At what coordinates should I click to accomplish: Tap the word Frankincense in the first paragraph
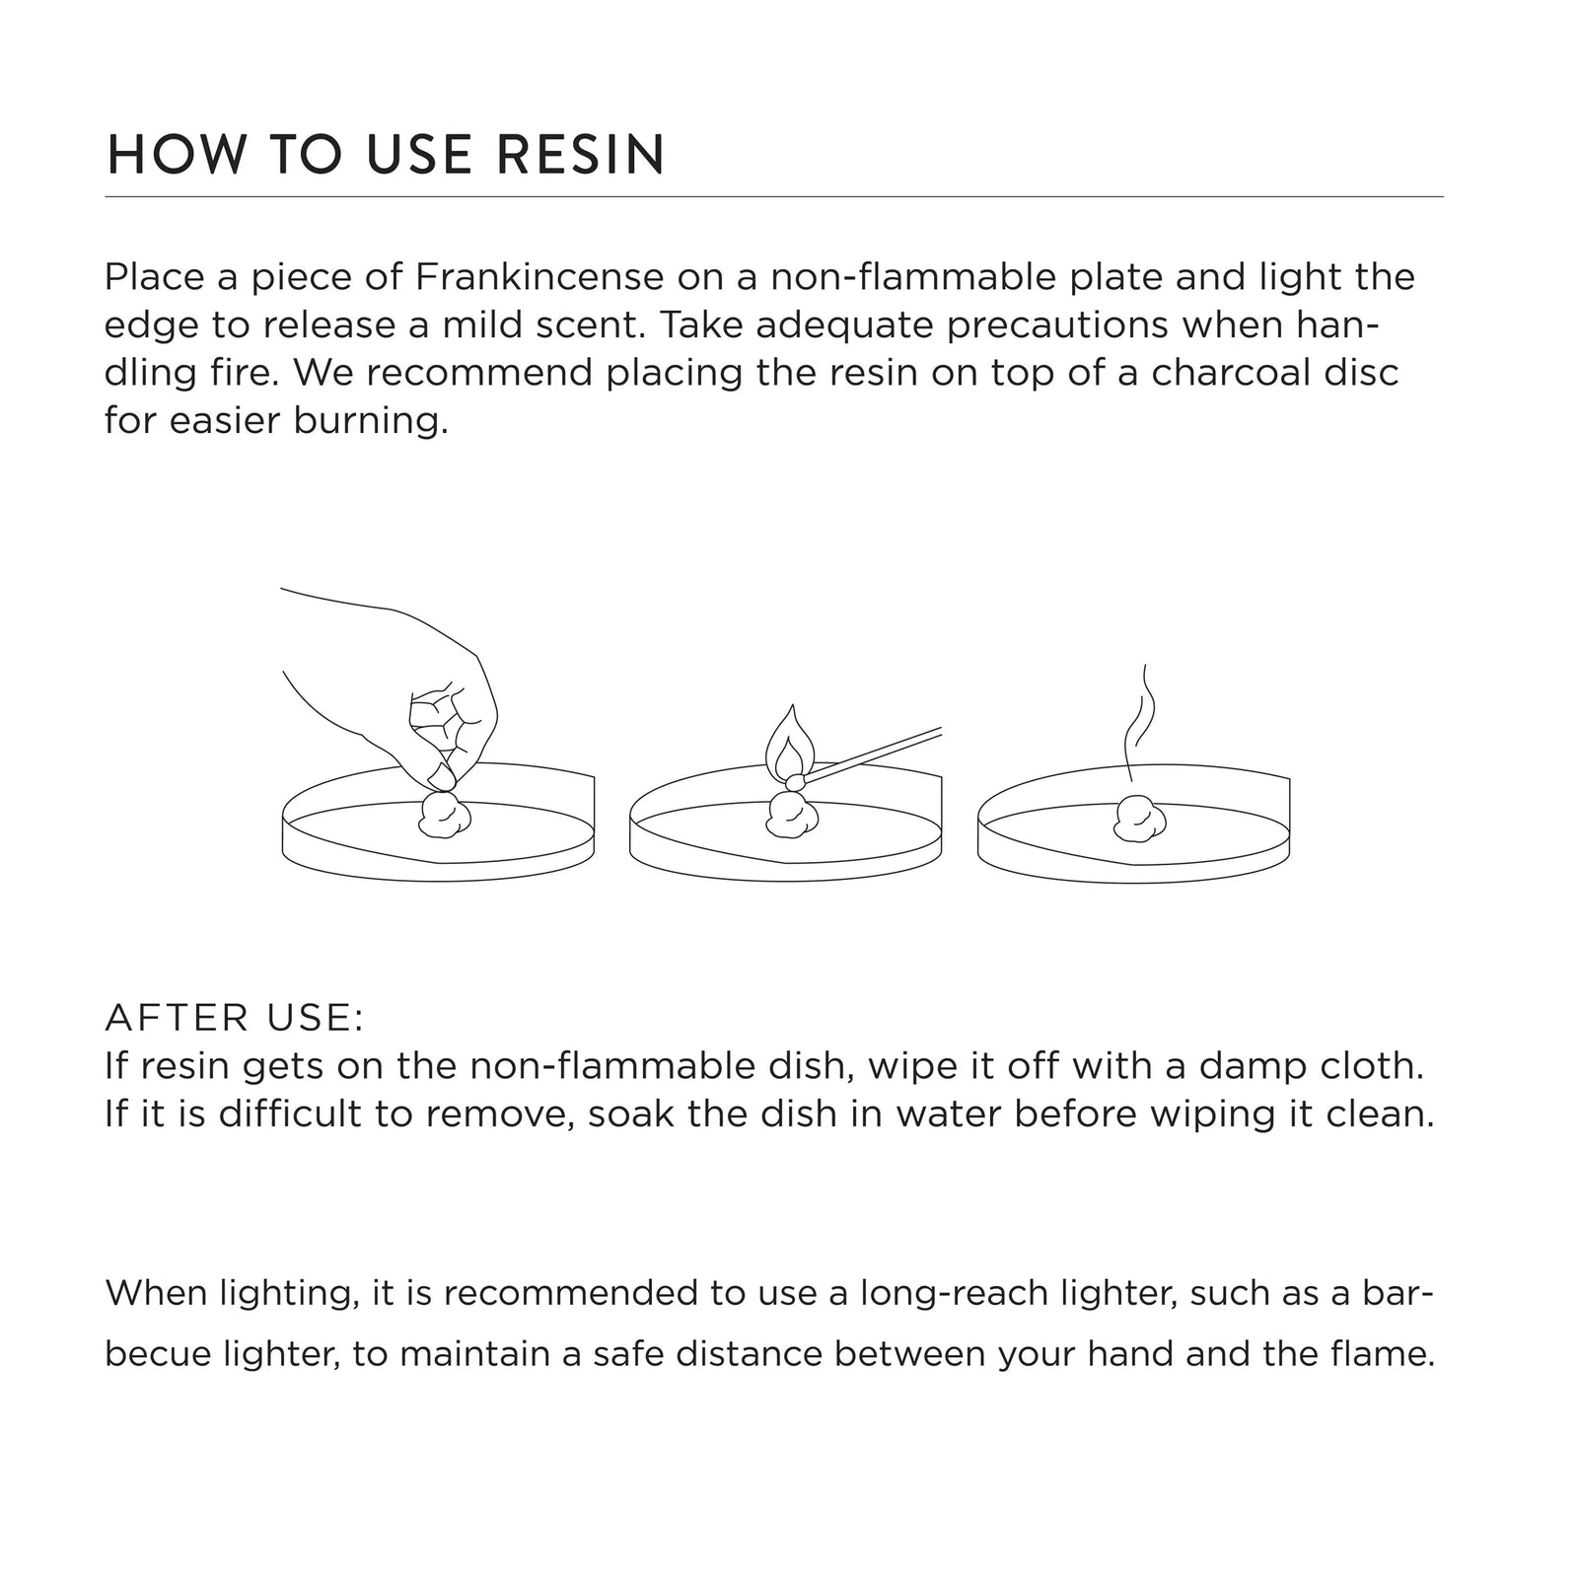click(x=539, y=277)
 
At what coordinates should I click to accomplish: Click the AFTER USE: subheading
click(x=235, y=1019)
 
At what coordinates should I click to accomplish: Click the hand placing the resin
click(x=404, y=690)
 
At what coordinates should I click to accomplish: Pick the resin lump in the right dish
click(x=1140, y=819)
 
